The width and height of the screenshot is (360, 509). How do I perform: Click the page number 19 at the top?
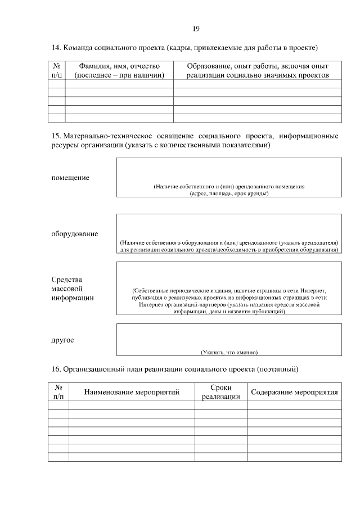point(196,29)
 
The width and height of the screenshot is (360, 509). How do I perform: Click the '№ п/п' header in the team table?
point(56,70)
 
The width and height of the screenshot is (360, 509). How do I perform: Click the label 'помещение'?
point(70,178)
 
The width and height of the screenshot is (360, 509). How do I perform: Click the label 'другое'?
point(62,340)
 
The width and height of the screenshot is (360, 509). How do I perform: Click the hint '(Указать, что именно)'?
point(229,352)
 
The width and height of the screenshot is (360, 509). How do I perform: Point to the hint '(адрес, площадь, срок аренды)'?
point(229,193)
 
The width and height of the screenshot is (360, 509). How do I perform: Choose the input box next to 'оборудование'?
point(229,225)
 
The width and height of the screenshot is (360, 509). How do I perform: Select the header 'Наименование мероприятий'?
point(132,392)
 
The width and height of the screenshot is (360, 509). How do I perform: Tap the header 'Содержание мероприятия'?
point(294,392)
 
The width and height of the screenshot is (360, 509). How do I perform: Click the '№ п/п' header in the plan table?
point(58,392)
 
